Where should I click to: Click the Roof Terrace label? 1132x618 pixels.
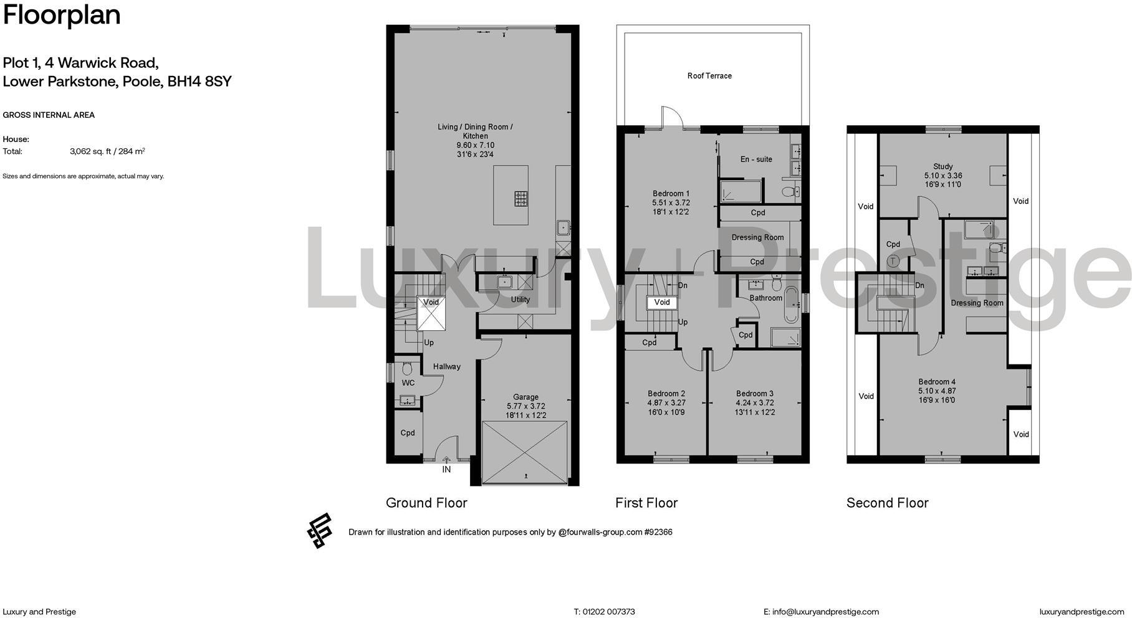[x=709, y=76]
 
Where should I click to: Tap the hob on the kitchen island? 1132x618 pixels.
[x=521, y=199]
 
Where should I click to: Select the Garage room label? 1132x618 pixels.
[x=525, y=397]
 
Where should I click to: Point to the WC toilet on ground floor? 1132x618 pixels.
[x=408, y=368]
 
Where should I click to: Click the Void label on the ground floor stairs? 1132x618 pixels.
[x=431, y=302]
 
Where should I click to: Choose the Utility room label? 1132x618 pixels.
[x=520, y=300]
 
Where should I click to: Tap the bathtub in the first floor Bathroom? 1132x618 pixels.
[x=790, y=305]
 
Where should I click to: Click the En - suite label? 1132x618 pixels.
[x=756, y=159]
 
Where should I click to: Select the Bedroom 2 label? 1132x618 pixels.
[x=666, y=394]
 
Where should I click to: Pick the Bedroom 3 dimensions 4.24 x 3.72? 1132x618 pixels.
[x=755, y=403]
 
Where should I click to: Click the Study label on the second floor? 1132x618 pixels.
[x=943, y=166]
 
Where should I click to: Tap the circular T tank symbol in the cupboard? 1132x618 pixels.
[x=893, y=261]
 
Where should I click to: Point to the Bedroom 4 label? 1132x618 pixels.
[x=936, y=382]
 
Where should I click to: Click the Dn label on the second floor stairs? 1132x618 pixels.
[x=919, y=286]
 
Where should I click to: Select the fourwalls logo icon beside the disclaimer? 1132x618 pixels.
[x=320, y=531]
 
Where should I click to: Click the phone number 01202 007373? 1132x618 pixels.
[x=608, y=612]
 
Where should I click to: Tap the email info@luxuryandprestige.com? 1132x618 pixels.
[x=825, y=612]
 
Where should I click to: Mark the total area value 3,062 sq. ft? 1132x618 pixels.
[x=91, y=151]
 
